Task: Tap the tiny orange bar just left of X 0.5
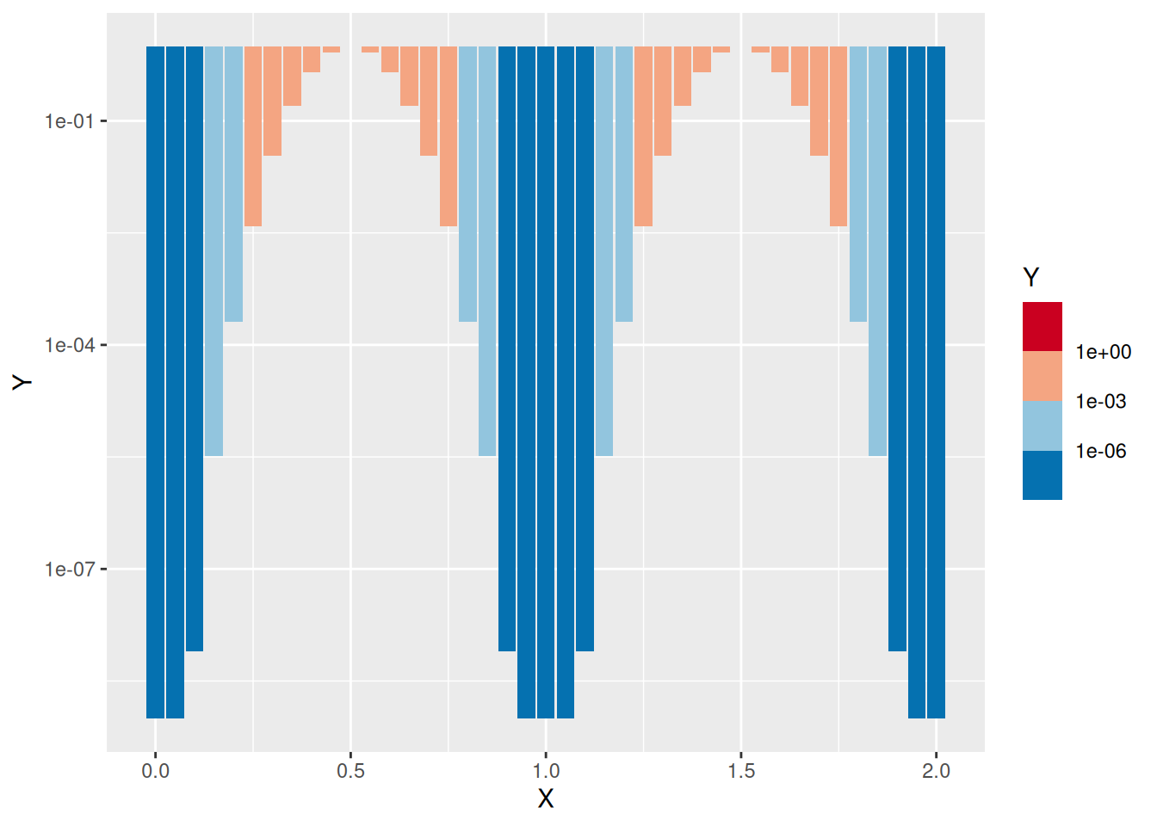coord(331,49)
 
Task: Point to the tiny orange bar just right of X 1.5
coord(760,49)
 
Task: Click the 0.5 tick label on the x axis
coord(350,771)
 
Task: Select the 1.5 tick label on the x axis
coord(741,771)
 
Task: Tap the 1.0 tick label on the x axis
coord(546,771)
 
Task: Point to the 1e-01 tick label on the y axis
coord(69,121)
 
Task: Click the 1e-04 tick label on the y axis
coord(69,345)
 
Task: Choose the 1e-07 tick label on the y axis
coord(69,570)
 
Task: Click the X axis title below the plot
coord(546,799)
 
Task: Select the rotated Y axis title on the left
coord(22,382)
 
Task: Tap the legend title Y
coord(1031,277)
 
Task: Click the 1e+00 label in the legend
coord(1103,352)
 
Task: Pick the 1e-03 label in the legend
coord(1101,402)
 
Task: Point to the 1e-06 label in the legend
coord(1101,451)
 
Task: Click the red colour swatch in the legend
coord(1043,327)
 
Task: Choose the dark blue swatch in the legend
coord(1043,475)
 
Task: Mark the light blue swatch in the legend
coord(1043,426)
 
